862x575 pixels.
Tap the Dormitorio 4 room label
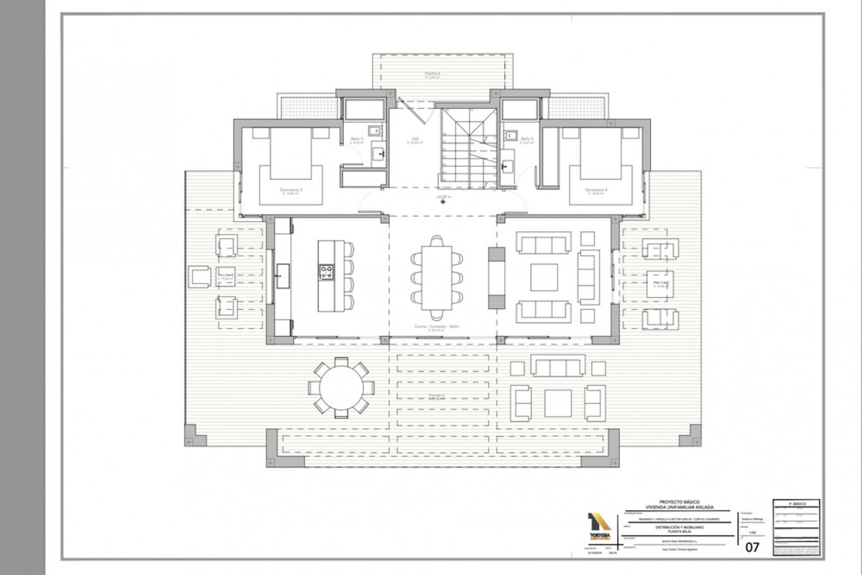(596, 190)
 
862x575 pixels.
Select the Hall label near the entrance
(415, 139)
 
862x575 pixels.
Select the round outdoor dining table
(342, 388)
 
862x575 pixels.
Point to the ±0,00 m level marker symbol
(443, 202)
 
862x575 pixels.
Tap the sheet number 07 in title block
(752, 548)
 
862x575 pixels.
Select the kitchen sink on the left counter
(283, 276)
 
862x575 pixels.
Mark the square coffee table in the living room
(544, 277)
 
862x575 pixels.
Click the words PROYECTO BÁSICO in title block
(679, 502)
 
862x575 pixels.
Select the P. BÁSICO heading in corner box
(796, 504)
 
